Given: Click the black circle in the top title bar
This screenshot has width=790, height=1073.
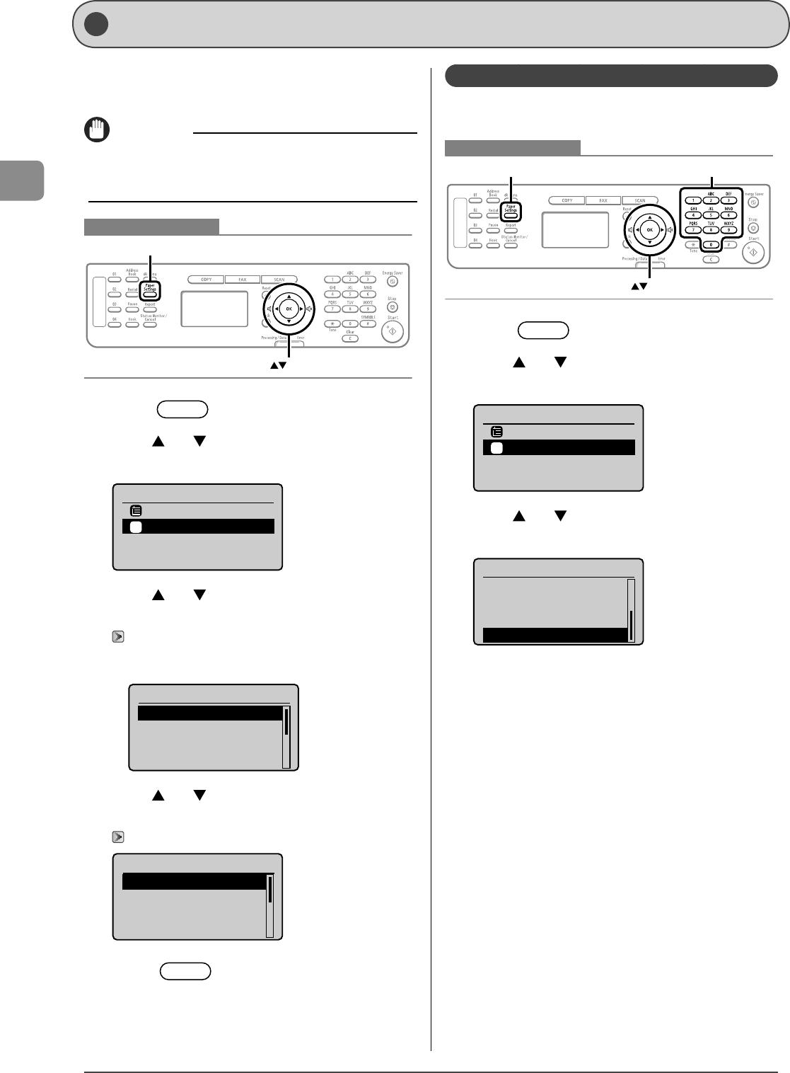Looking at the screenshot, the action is tap(96, 24).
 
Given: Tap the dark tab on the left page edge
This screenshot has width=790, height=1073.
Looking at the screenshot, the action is tap(22, 180).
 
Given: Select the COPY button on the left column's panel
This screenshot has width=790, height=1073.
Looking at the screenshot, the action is tap(207, 280).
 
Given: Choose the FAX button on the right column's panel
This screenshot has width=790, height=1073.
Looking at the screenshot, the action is tap(603, 200).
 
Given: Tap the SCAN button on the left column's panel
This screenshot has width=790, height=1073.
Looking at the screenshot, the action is tap(279, 280).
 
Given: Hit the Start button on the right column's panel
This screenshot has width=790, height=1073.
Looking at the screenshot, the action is tap(753, 253).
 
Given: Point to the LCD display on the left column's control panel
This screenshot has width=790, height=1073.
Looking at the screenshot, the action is tap(214, 309).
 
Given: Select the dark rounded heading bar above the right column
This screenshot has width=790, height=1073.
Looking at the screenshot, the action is tap(611, 76).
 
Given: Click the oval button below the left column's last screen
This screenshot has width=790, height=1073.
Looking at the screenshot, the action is tap(185, 971).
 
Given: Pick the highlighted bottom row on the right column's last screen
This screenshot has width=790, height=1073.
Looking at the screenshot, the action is tap(555, 635).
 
